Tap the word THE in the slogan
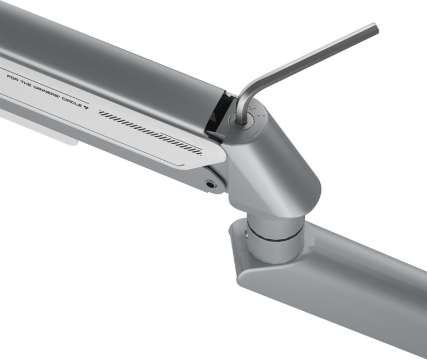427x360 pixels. tap(26, 83)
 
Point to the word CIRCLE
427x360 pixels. tap(72, 102)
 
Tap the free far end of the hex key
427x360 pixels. tap(375, 29)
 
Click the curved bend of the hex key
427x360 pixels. tap(247, 90)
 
